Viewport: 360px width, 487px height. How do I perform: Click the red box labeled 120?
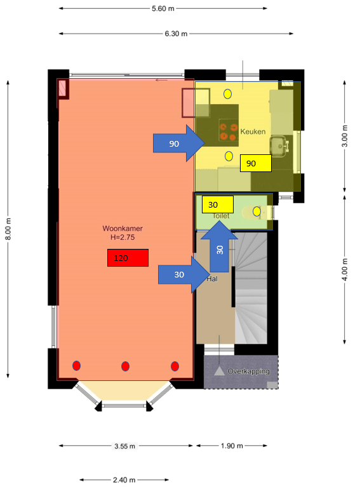coord(128,258)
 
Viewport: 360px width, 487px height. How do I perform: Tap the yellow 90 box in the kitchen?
coord(256,163)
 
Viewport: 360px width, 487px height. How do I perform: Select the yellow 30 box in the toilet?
coord(217,204)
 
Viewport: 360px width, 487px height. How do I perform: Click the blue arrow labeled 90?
coord(179,143)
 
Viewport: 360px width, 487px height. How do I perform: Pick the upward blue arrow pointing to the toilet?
coord(219,246)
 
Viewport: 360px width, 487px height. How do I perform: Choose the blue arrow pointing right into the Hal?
coord(184,274)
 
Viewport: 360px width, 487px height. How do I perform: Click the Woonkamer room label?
coord(123,229)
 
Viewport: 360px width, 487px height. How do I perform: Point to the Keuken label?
coord(253,131)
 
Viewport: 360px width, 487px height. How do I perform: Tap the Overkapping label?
coord(248,371)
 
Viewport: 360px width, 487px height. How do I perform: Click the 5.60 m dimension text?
coord(163,8)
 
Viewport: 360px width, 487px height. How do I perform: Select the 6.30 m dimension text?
coord(176,34)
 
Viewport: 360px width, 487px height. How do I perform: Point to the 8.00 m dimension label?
coord(8,229)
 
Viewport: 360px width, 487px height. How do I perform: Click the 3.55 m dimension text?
coord(124,446)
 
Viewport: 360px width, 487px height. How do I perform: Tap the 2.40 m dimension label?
coord(124,480)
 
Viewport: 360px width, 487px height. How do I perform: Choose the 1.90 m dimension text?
coord(232,446)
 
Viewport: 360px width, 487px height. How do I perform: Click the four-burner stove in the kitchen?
coord(228,131)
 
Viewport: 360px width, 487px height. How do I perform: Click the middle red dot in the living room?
coord(125,366)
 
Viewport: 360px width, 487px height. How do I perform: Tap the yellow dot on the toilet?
coord(257,211)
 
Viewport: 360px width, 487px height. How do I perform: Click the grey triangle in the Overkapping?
coord(219,371)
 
